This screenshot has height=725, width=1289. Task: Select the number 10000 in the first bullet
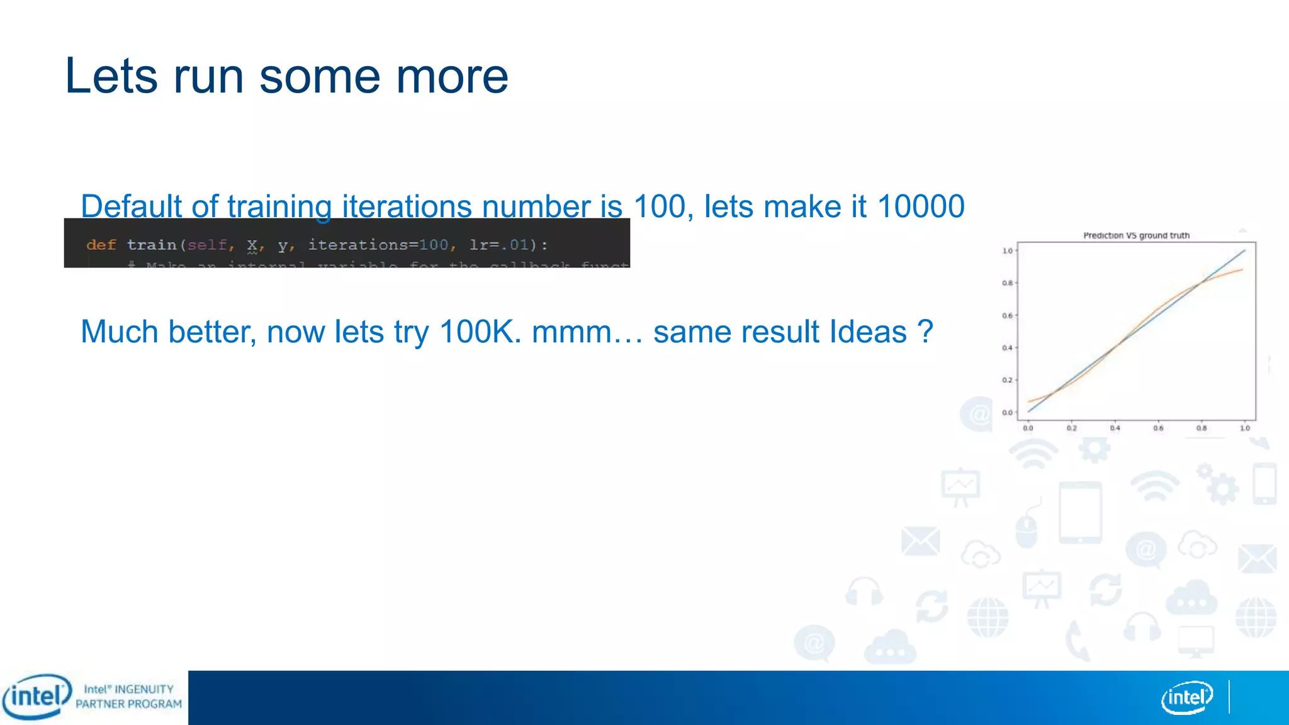pos(920,206)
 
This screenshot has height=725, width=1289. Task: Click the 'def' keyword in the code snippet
pos(101,245)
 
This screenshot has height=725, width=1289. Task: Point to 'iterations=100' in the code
pos(378,245)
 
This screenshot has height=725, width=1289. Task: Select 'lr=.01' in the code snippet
pos(499,245)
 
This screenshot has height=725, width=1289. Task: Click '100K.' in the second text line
pos(480,332)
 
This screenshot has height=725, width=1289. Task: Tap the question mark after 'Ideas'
pos(925,332)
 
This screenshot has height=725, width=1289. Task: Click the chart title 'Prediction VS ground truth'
pos(1136,235)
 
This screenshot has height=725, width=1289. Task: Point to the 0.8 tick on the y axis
pos(1007,283)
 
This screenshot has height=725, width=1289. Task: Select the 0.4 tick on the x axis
pos(1115,428)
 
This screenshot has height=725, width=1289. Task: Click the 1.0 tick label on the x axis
pos(1245,428)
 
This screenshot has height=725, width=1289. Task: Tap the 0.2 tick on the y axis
pos(1007,380)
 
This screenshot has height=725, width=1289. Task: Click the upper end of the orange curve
pos(1242,270)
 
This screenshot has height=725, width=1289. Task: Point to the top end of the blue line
pos(1244,250)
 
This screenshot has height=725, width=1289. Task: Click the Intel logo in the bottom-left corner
pos(37,697)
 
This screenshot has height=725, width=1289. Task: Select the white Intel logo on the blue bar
pos(1186,697)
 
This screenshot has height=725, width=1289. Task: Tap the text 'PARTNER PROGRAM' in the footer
pos(128,704)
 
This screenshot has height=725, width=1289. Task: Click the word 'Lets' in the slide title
pos(111,77)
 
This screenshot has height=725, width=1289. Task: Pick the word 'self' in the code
pos(206,245)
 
